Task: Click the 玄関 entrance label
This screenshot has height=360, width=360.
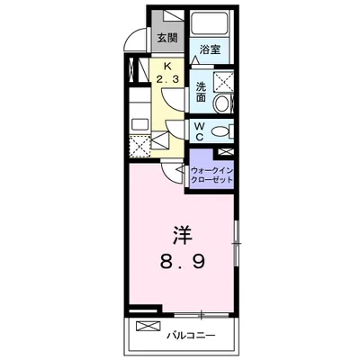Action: coord(166,38)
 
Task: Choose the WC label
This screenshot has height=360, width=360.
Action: coord(201,131)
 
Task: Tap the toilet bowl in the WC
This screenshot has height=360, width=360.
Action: coord(220,133)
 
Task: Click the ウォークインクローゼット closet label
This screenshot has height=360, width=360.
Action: coord(211,174)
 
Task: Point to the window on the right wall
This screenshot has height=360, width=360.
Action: coord(236,242)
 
